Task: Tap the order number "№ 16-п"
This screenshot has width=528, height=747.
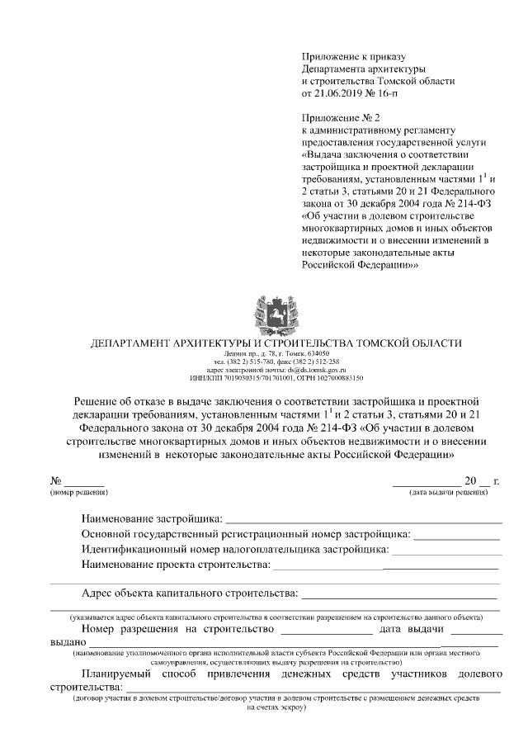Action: pos(380,94)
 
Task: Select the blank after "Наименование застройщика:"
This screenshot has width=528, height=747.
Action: pos(364,520)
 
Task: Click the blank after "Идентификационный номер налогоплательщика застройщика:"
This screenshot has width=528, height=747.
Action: pos(445,550)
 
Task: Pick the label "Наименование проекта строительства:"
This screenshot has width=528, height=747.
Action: pos(176,565)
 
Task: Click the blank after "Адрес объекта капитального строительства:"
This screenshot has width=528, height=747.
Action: pos(399,594)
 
